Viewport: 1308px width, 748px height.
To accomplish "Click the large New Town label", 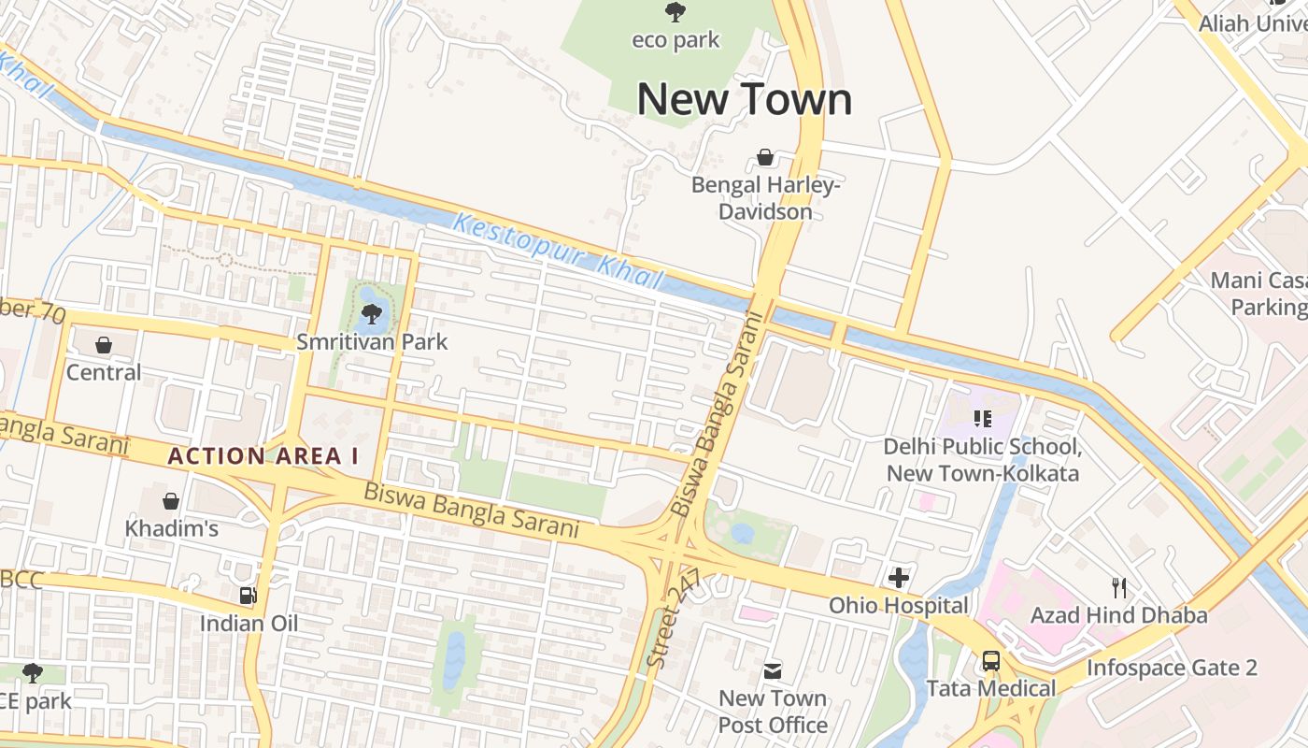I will pyautogui.click(x=745, y=99).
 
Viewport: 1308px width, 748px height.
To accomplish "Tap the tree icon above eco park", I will pyautogui.click(x=675, y=12).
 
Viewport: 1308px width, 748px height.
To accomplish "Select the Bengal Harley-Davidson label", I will pyautogui.click(x=765, y=198).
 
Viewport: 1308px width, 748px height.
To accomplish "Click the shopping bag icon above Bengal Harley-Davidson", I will pyautogui.click(x=765, y=157).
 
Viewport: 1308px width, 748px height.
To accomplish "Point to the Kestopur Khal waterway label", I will pyautogui.click(x=558, y=252).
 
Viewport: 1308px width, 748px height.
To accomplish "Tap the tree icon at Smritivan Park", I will pyautogui.click(x=372, y=313).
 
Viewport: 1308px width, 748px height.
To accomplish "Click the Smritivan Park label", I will pyautogui.click(x=372, y=342).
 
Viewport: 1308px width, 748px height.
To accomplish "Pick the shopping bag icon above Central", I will pyautogui.click(x=104, y=345).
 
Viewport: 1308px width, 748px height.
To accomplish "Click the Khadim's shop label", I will pyautogui.click(x=172, y=528).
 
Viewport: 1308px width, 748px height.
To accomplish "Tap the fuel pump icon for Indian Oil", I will pyautogui.click(x=248, y=595).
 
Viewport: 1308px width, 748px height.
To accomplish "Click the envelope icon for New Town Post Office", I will pyautogui.click(x=773, y=670).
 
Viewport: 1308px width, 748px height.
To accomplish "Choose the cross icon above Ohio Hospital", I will pyautogui.click(x=899, y=578).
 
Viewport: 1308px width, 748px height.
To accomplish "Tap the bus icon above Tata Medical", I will pyautogui.click(x=990, y=661).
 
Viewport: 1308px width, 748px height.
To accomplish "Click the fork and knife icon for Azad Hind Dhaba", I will pyautogui.click(x=1118, y=587).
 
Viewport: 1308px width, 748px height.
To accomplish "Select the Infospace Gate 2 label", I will pyautogui.click(x=1172, y=668).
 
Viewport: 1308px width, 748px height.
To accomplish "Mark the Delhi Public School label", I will pyautogui.click(x=982, y=459).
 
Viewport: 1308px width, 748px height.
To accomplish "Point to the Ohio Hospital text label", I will pyautogui.click(x=899, y=606).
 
